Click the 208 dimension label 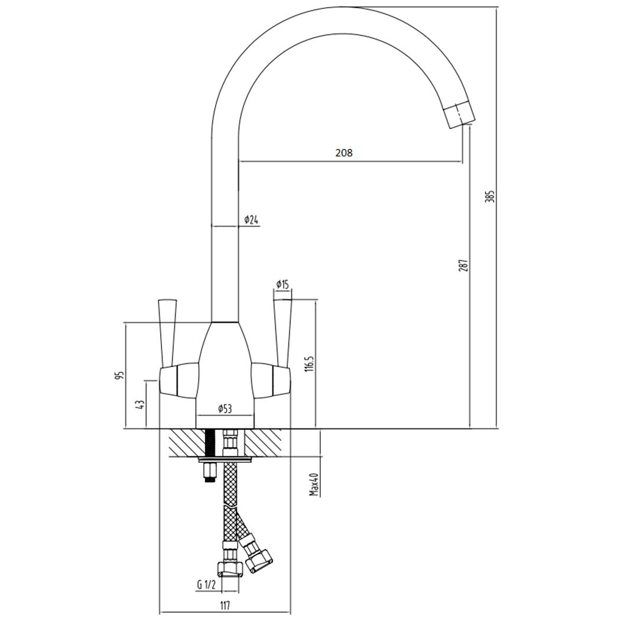pos(343,152)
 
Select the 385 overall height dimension pos(489,196)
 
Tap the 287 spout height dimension pos(463,265)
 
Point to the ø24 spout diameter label pos(251,220)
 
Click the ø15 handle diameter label pos(282,285)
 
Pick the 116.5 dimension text pos(308,363)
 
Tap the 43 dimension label pos(140,405)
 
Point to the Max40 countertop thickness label pos(314,484)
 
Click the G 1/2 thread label pos(206,585)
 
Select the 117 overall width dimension pos(225,605)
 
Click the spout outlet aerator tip pos(459,115)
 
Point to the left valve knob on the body pos(178,379)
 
